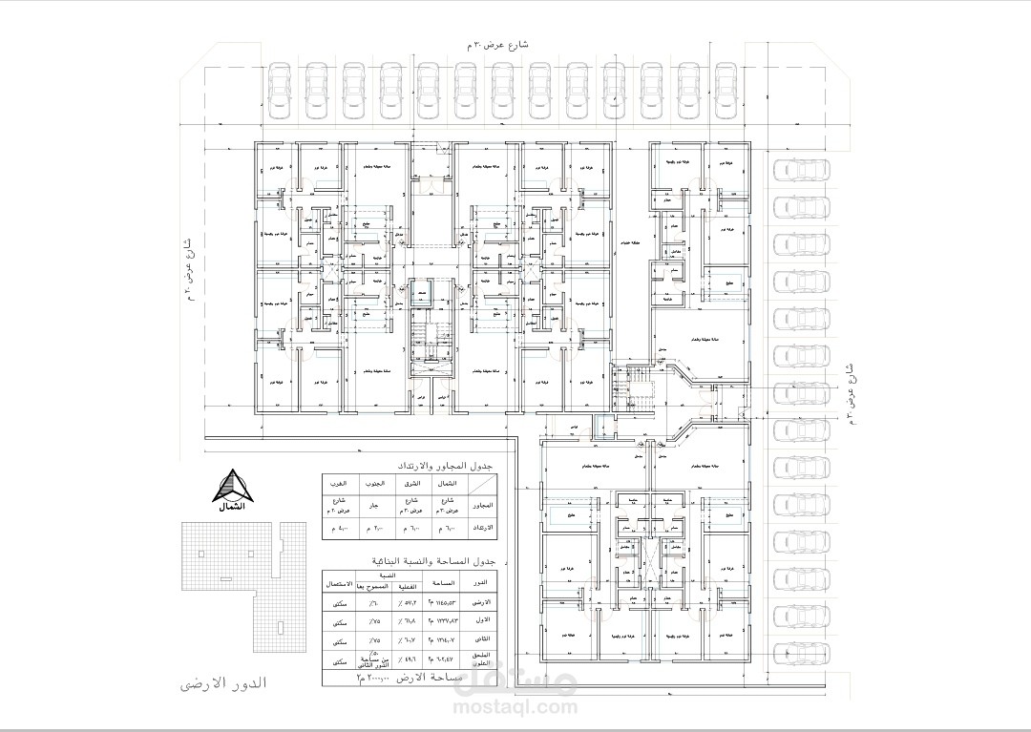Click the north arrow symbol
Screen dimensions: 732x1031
[x=232, y=489]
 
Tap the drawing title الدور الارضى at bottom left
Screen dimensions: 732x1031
[x=222, y=684]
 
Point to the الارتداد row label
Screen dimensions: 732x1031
[x=483, y=527]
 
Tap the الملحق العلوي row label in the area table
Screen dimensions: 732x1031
[x=483, y=659]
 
